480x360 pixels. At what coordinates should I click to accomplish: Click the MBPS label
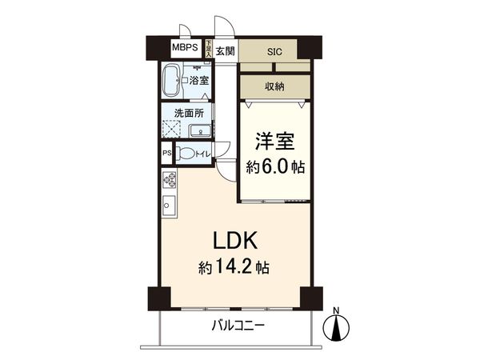(187, 47)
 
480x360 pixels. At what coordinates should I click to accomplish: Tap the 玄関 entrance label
(225, 51)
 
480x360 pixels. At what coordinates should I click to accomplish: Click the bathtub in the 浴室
(172, 81)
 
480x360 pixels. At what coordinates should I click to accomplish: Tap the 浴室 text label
(200, 80)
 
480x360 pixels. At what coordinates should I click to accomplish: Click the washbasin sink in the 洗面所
(203, 132)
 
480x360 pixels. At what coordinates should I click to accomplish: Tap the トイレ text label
(203, 154)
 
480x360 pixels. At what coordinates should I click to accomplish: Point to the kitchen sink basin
(169, 205)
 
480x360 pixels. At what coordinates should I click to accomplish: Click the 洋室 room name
(275, 142)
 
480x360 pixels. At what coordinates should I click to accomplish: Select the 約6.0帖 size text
(275, 167)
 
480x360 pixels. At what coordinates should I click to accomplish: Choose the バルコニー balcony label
(238, 326)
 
